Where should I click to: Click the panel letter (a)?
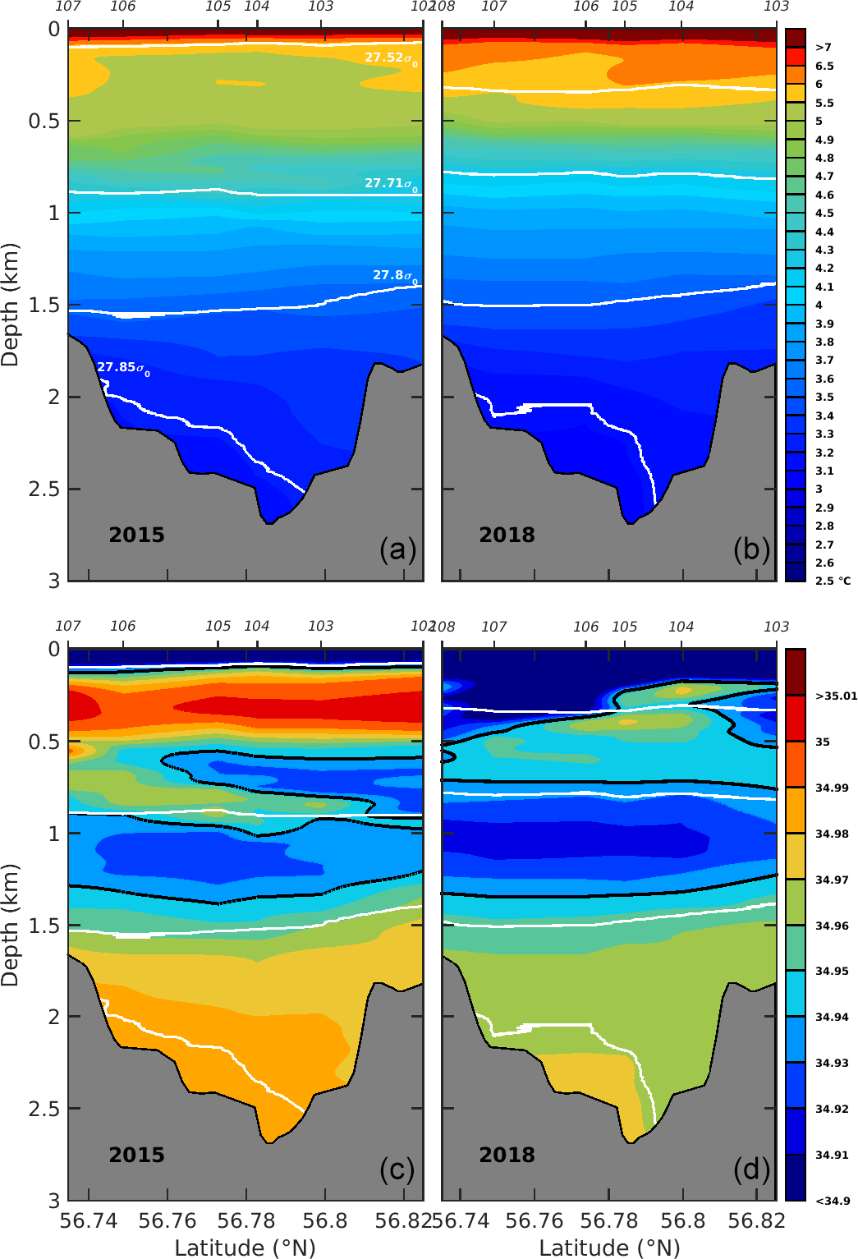[x=397, y=549]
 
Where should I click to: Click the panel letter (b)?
[x=751, y=549]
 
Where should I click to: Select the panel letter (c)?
[x=397, y=1169]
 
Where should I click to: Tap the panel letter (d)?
[x=751, y=1169]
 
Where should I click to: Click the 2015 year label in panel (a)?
[x=136, y=535]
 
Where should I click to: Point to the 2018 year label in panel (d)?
[x=507, y=1155]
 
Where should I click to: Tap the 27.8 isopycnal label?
[x=394, y=276]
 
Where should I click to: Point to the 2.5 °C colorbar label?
[x=832, y=581]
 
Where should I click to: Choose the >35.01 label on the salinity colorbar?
[x=836, y=696]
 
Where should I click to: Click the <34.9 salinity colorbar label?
[x=832, y=1201]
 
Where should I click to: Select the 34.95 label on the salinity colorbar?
[x=832, y=972]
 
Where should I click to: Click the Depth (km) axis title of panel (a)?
[x=11, y=305]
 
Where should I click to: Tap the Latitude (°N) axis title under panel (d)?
[x=609, y=1248]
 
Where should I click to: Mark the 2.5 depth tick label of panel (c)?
[x=44, y=1109]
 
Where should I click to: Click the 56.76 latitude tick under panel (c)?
[x=167, y=1221]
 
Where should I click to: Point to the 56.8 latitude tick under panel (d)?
[x=682, y=1221]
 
